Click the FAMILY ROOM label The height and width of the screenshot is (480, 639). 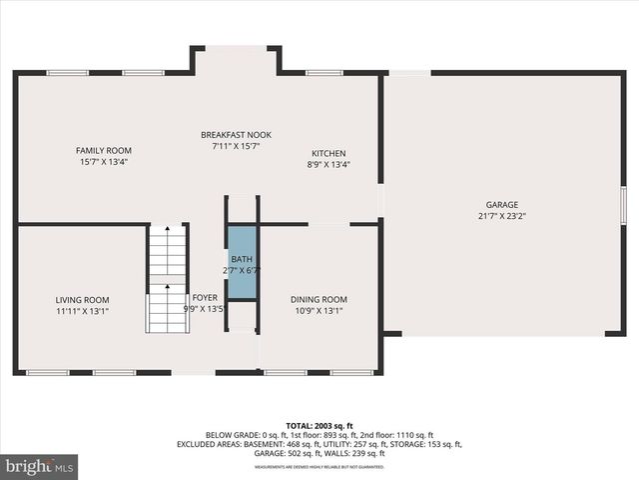click(104, 150)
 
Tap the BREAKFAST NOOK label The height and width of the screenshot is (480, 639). click(236, 135)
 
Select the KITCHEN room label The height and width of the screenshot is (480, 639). click(328, 153)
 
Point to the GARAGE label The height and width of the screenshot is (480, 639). click(502, 204)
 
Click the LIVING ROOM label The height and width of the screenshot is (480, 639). click(82, 300)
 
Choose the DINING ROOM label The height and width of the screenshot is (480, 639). click(319, 300)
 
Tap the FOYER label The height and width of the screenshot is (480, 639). click(205, 297)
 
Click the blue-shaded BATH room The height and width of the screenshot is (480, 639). click(242, 262)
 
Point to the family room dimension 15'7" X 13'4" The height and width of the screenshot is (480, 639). click(104, 161)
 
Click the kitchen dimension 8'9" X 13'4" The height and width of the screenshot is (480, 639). click(328, 164)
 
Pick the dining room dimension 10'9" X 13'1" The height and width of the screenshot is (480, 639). click(319, 311)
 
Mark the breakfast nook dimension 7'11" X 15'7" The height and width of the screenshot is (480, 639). click(236, 146)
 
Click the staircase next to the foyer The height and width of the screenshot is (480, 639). click(167, 280)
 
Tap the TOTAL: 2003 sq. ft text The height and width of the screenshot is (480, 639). click(319, 425)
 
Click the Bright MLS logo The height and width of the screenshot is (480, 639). click(40, 466)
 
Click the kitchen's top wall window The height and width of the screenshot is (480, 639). click(324, 72)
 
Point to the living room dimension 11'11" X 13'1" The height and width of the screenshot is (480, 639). click(82, 311)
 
